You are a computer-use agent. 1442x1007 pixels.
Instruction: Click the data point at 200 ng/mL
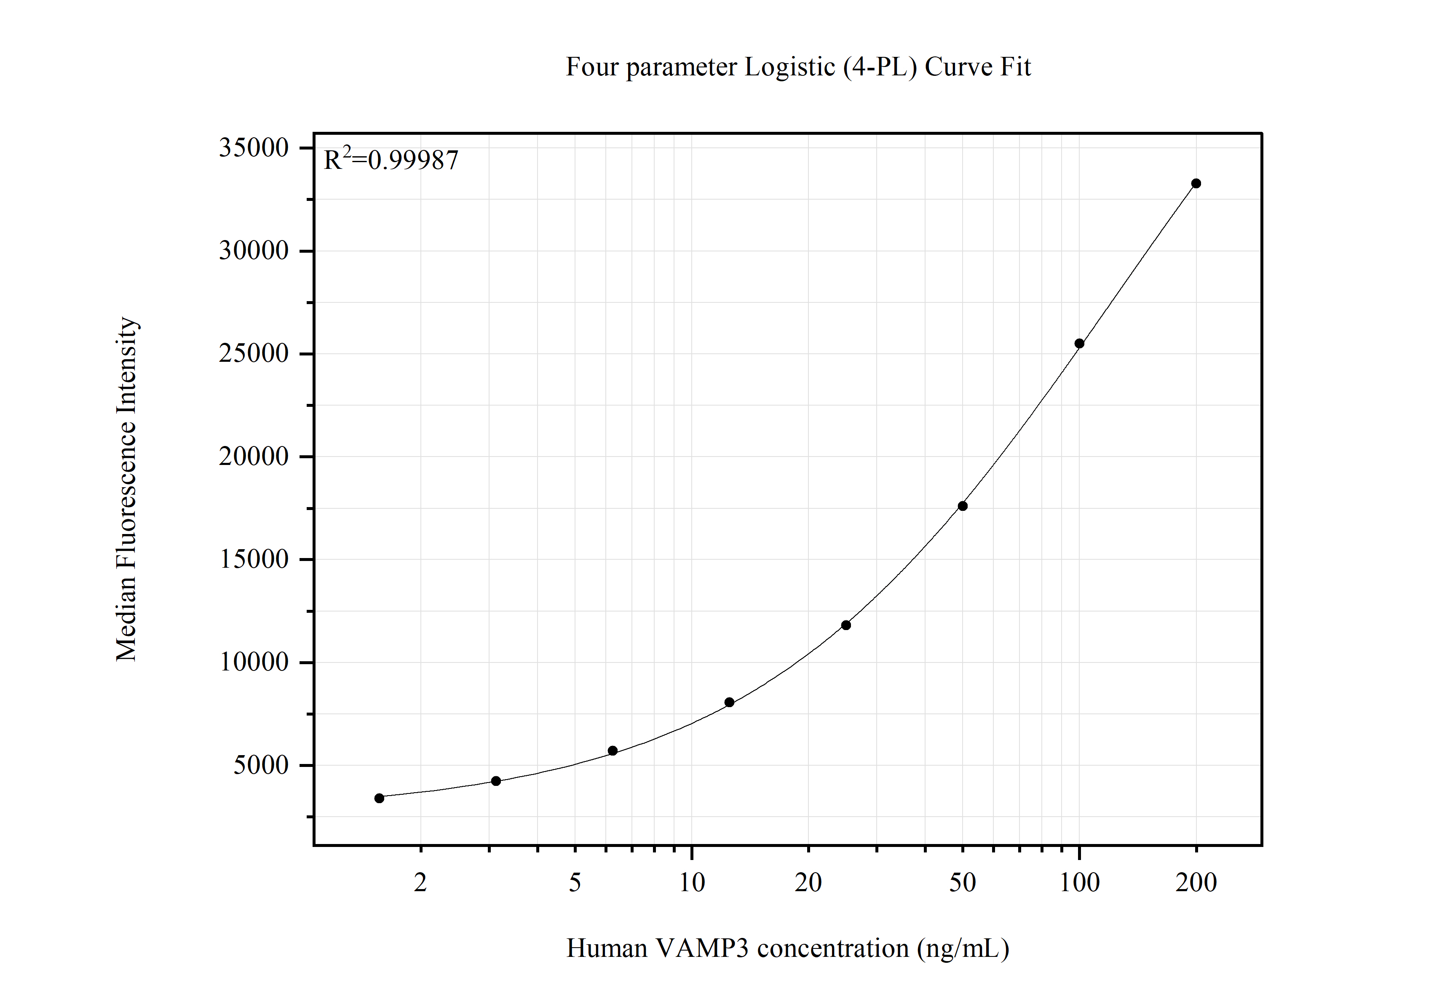(1196, 183)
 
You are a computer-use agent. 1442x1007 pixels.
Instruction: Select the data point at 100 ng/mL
(1079, 343)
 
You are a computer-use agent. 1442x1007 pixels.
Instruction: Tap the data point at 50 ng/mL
(962, 506)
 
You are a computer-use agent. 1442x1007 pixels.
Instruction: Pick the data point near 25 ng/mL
(846, 625)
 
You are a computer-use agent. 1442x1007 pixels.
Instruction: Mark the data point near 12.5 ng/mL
(729, 702)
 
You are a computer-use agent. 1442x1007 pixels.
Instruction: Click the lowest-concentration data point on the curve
(379, 799)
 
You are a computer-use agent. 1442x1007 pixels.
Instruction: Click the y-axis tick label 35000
(253, 148)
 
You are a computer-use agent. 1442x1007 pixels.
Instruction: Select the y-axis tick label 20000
(253, 457)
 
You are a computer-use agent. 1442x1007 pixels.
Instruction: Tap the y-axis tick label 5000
(261, 765)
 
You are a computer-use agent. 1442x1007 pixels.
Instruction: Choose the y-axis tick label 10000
(253, 662)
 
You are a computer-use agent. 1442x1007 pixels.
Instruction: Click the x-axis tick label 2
(420, 883)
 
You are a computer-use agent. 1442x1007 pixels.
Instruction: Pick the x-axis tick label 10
(691, 883)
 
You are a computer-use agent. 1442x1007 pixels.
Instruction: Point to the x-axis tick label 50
(962, 883)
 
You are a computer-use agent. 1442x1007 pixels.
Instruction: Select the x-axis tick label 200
(1196, 883)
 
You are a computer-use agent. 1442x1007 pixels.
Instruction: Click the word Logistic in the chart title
(789, 67)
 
